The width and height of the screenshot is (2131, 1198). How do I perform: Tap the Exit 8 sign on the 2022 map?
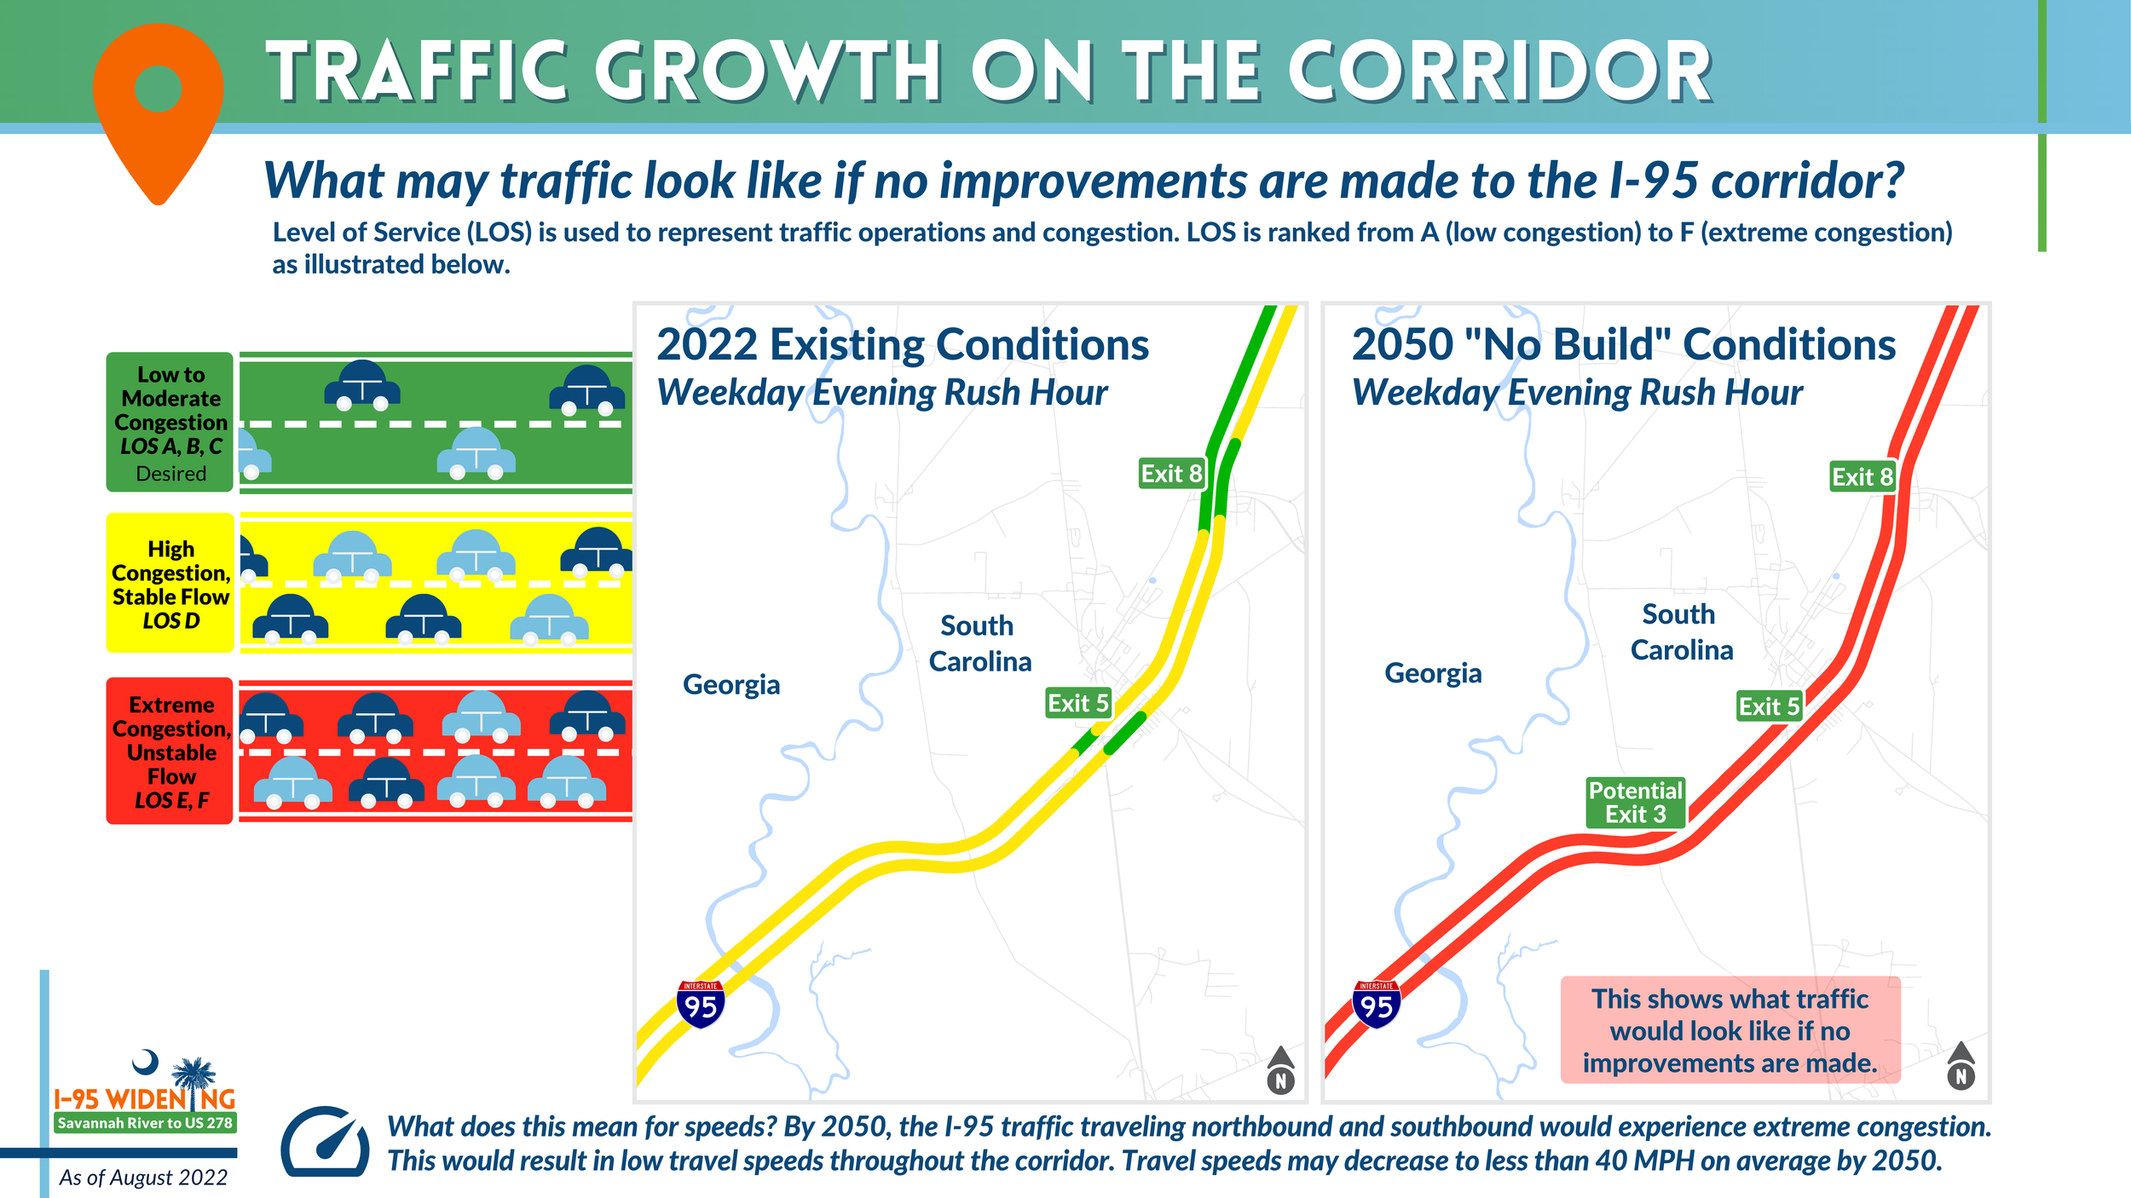pyautogui.click(x=1171, y=474)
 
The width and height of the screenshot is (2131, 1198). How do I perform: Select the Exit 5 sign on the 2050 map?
pyautogui.click(x=1769, y=706)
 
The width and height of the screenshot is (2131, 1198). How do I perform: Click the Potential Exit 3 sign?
pyautogui.click(x=1635, y=803)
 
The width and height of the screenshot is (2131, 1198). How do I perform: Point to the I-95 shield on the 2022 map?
pyautogui.click(x=701, y=1005)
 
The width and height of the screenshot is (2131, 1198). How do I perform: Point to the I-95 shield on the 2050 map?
pyautogui.click(x=1376, y=1005)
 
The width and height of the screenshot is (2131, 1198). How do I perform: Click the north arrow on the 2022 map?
pyautogui.click(x=1280, y=1072)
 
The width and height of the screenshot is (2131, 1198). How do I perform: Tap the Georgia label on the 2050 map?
pyautogui.click(x=1433, y=673)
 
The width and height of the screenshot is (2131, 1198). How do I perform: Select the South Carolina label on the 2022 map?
pyautogui.click(x=979, y=643)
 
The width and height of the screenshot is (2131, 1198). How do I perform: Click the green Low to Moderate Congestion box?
pyautogui.click(x=170, y=423)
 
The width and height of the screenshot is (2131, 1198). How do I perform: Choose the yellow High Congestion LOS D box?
pyautogui.click(x=170, y=584)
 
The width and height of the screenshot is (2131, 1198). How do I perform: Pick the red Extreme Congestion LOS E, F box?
pyautogui.click(x=170, y=751)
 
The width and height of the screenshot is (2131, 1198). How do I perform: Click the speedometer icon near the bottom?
pyautogui.click(x=325, y=1143)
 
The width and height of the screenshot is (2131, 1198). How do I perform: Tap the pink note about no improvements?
pyautogui.click(x=1730, y=1030)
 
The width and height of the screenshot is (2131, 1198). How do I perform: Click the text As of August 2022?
pyautogui.click(x=143, y=1178)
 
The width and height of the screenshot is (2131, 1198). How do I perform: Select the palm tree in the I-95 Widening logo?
pyautogui.click(x=194, y=1075)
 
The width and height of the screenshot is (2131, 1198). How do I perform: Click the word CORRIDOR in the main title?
pyautogui.click(x=1499, y=72)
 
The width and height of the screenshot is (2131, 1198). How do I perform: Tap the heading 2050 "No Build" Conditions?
pyautogui.click(x=1623, y=345)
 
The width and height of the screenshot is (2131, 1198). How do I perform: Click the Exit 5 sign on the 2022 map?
pyautogui.click(x=1077, y=704)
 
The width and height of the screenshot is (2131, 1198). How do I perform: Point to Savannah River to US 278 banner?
pyautogui.click(x=145, y=1123)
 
